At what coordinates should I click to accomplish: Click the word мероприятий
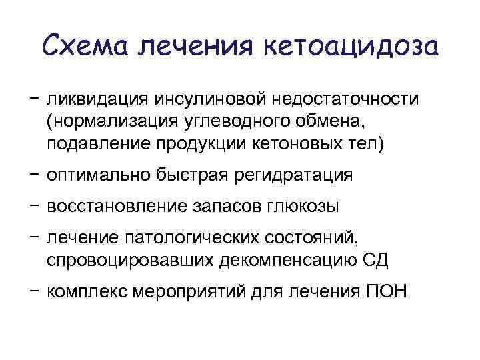(x=195, y=291)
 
